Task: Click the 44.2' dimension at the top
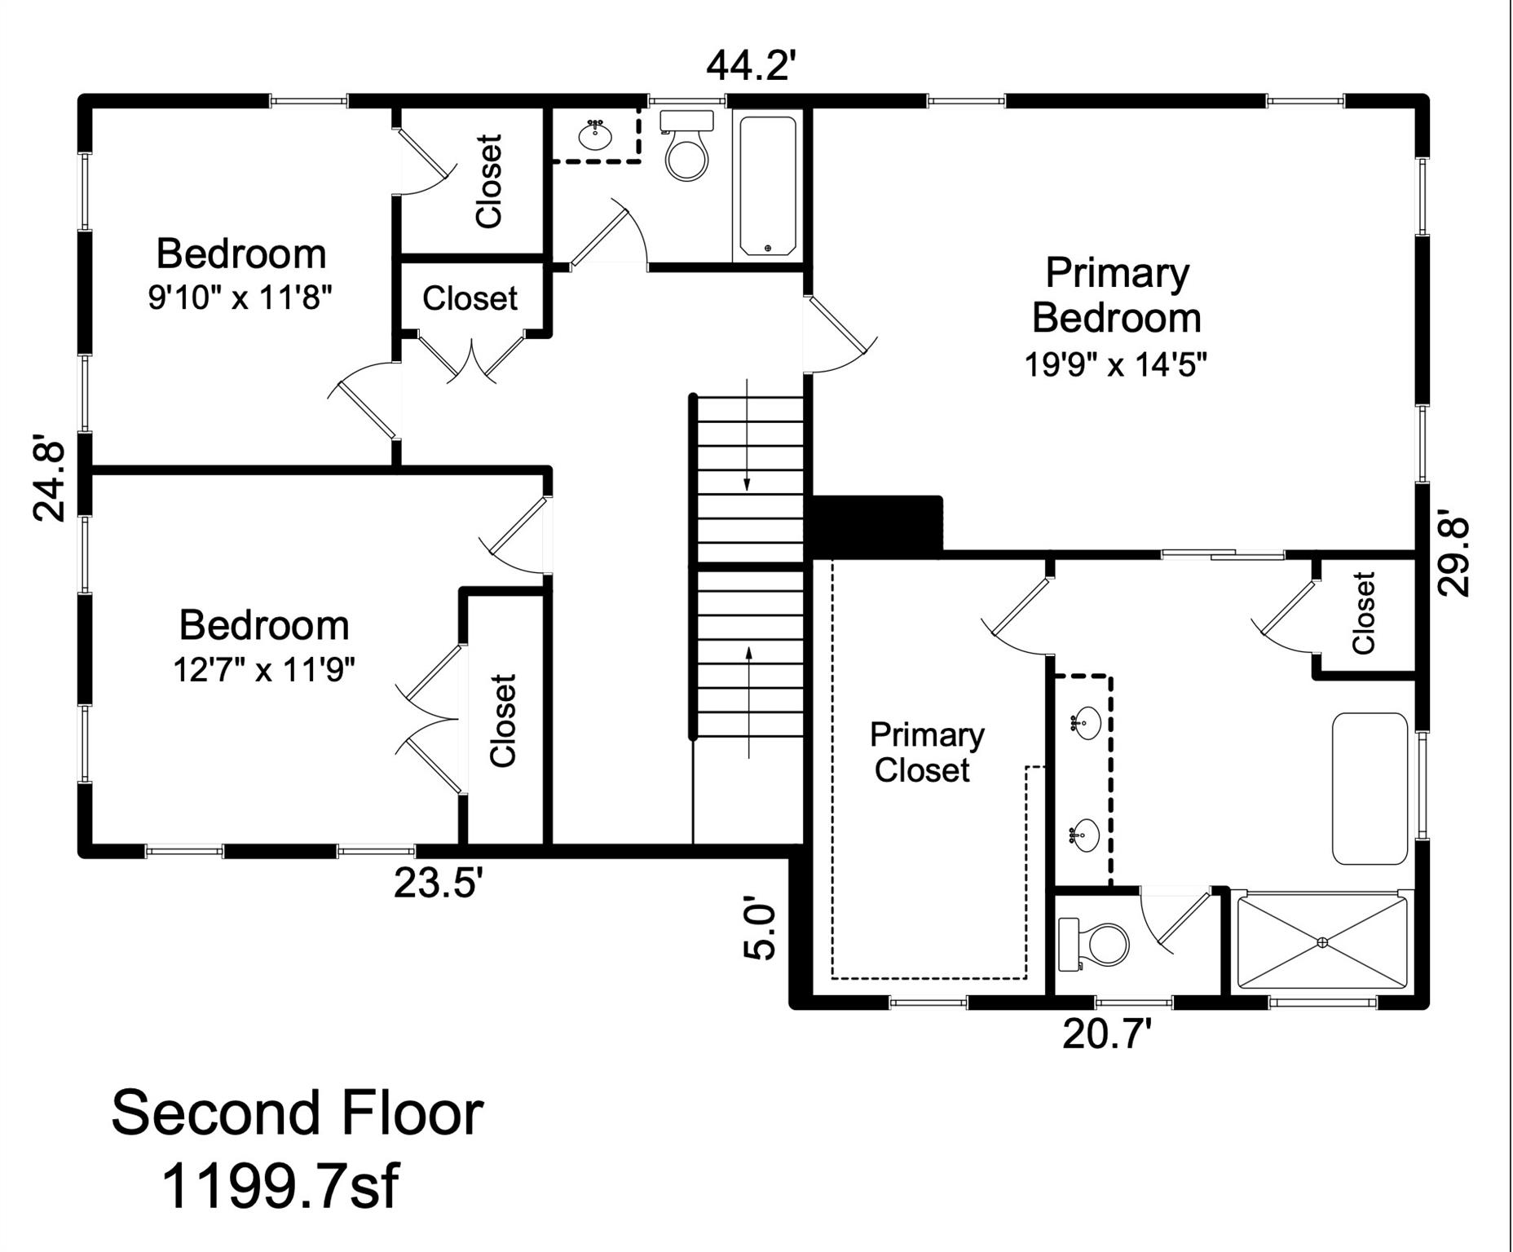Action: [x=748, y=66]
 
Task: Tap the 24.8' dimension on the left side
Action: [x=50, y=481]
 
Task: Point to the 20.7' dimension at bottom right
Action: [x=1106, y=1034]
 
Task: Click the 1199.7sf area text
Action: [x=280, y=1185]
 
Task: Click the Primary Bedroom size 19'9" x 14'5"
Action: [x=1114, y=364]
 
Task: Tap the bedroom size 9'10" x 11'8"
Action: [x=240, y=298]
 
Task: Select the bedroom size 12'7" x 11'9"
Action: [x=263, y=670]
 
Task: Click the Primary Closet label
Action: [x=926, y=752]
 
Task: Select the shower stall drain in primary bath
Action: [x=1322, y=942]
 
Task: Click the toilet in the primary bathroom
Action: [x=1096, y=944]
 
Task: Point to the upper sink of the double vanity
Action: [x=1086, y=722]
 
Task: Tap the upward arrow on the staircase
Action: [x=749, y=701]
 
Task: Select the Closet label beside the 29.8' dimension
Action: [x=1363, y=613]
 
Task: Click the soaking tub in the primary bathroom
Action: [x=1370, y=788]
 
